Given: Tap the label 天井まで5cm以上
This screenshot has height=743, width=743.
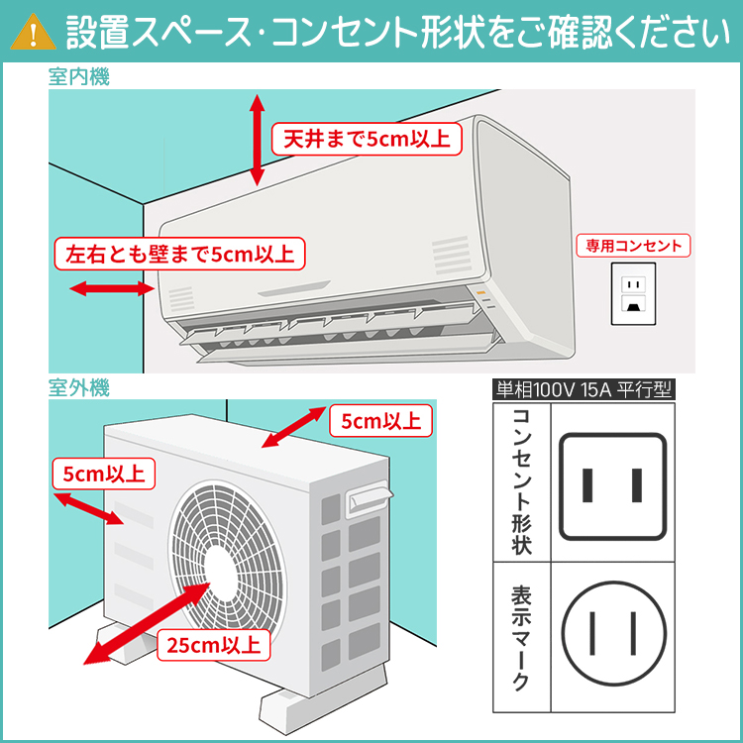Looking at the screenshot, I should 367,139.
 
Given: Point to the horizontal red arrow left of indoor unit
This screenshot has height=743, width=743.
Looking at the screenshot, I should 109,288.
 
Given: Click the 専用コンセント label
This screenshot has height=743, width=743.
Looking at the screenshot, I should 634,246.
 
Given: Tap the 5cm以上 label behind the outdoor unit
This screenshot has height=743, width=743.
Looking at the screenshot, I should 380,421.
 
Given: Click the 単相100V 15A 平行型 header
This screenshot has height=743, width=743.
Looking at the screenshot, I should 583,389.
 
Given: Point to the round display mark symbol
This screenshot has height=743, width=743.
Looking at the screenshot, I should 612,630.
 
